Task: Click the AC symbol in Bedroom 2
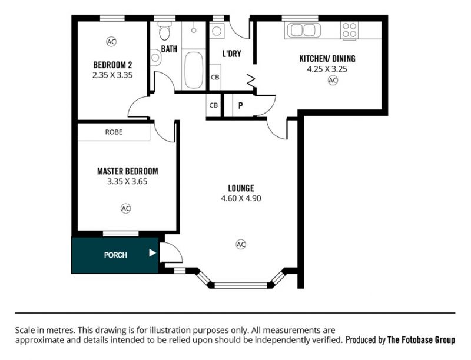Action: pos(111,41)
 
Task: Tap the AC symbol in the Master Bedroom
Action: pos(126,208)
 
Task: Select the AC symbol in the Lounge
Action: pos(241,245)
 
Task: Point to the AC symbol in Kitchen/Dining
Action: pos(333,81)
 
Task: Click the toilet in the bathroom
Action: pos(165,31)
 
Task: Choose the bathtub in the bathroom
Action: pos(194,69)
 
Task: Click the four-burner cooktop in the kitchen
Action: pos(349,31)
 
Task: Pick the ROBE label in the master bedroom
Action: pos(114,132)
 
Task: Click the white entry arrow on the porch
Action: pos(152,253)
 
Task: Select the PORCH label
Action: pos(115,255)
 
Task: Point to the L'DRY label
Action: pos(231,54)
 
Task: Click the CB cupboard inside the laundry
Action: pos(215,77)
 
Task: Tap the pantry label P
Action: pos(241,106)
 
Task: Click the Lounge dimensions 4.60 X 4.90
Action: pos(241,198)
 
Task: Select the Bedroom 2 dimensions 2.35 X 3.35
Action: pos(112,75)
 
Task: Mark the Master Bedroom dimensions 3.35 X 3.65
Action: pos(127,181)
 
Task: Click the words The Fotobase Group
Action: pos(421,340)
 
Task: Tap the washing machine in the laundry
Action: pos(217,31)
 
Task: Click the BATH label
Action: pos(169,49)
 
